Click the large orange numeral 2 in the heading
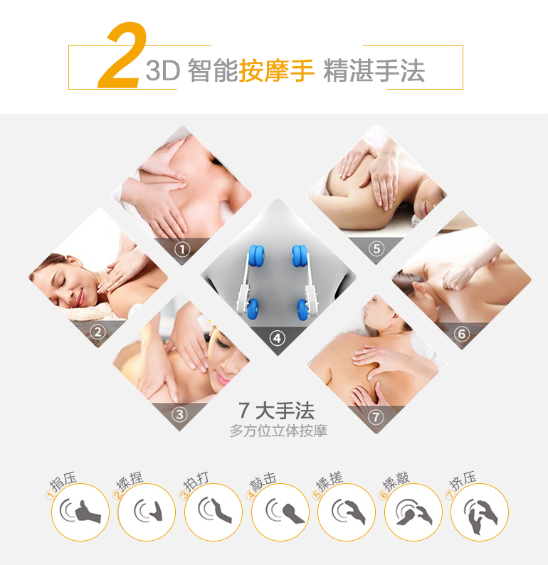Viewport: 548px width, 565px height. [122, 55]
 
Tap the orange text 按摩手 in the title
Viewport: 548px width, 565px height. [276, 70]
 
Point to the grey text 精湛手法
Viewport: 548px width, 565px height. [374, 70]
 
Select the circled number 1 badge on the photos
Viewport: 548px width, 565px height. [182, 249]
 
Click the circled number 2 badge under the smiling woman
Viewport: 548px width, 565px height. [98, 332]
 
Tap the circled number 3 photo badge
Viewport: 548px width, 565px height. [179, 414]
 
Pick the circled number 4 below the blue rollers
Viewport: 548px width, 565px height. [277, 338]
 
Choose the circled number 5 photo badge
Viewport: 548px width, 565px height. [376, 248]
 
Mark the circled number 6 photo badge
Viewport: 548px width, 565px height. [462, 334]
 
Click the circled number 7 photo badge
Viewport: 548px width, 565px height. [376, 417]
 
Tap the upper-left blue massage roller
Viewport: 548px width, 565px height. [256, 256]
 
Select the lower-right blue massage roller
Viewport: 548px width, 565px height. [303, 309]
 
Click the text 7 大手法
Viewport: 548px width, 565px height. [276, 411]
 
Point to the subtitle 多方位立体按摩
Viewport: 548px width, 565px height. [278, 431]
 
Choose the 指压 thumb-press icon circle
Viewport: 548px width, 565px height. [80, 512]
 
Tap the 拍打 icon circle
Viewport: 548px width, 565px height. [214, 512]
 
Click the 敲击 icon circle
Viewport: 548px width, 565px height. [280, 512]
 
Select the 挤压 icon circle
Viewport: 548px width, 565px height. [480, 512]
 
